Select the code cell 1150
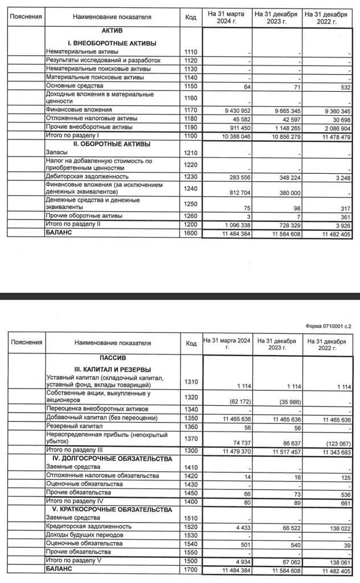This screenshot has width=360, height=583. pyautogui.click(x=191, y=86)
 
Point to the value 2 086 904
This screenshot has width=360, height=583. pyautogui.click(x=335, y=127)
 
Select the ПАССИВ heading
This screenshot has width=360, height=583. pyautogui.click(x=112, y=358)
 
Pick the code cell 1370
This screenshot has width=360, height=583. pyautogui.click(x=191, y=438)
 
